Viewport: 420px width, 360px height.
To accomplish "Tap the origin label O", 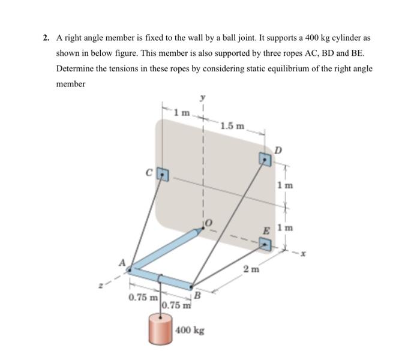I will tap(209, 223).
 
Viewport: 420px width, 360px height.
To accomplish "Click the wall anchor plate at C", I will tap(163, 174).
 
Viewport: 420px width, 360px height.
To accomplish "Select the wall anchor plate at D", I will tap(265, 159).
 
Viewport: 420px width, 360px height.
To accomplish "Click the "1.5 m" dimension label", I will tap(233, 125).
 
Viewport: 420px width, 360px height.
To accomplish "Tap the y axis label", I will tap(203, 97).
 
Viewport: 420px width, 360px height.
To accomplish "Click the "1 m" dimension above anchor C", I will tap(181, 112).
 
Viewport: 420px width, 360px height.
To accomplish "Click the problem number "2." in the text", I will tap(46, 38).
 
